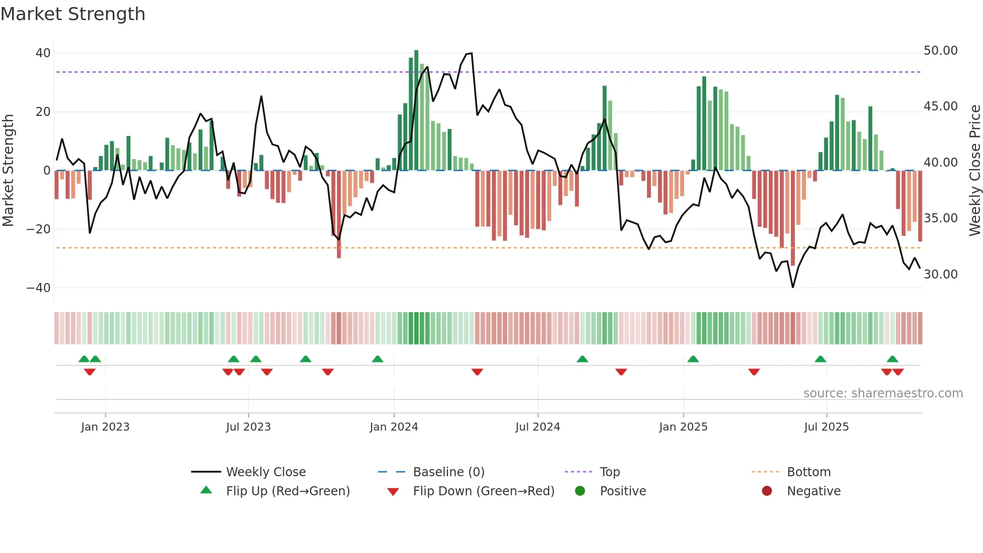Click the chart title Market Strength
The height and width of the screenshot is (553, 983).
[x=73, y=14]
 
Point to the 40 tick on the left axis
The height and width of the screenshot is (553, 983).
[x=43, y=53]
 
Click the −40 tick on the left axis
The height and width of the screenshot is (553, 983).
[x=39, y=288]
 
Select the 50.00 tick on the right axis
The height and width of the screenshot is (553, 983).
[x=940, y=51]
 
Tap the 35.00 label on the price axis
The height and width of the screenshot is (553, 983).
[x=940, y=218]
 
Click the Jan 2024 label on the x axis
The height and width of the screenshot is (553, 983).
[x=394, y=427]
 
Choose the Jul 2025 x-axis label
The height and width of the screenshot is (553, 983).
[x=826, y=427]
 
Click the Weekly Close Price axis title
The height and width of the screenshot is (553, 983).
[x=974, y=171]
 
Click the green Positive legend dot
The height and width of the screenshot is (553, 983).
[x=580, y=491]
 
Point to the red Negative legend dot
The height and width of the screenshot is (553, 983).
[x=767, y=491]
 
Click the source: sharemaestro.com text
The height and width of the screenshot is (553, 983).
[x=883, y=393]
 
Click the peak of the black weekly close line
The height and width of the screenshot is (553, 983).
[x=471, y=53]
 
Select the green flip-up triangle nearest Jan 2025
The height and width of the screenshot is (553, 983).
[x=693, y=359]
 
